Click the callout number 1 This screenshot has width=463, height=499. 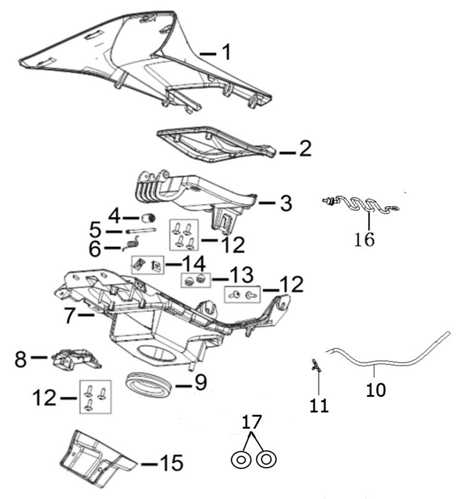[x=226, y=52]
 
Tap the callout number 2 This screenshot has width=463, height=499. [x=305, y=148]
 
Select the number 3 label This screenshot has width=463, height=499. [x=286, y=203]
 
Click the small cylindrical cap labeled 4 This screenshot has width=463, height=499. [x=148, y=218]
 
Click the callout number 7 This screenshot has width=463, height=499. [x=70, y=316]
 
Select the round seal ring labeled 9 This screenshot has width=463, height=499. [x=148, y=384]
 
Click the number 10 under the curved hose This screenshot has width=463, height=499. [x=376, y=389]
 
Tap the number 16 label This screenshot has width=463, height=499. [x=364, y=239]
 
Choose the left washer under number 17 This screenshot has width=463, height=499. [x=241, y=460]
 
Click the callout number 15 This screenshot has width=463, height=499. [x=172, y=463]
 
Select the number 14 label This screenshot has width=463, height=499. [x=194, y=264]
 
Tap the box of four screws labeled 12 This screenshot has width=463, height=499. [x=184, y=235]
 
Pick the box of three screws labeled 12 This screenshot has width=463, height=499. [x=95, y=397]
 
